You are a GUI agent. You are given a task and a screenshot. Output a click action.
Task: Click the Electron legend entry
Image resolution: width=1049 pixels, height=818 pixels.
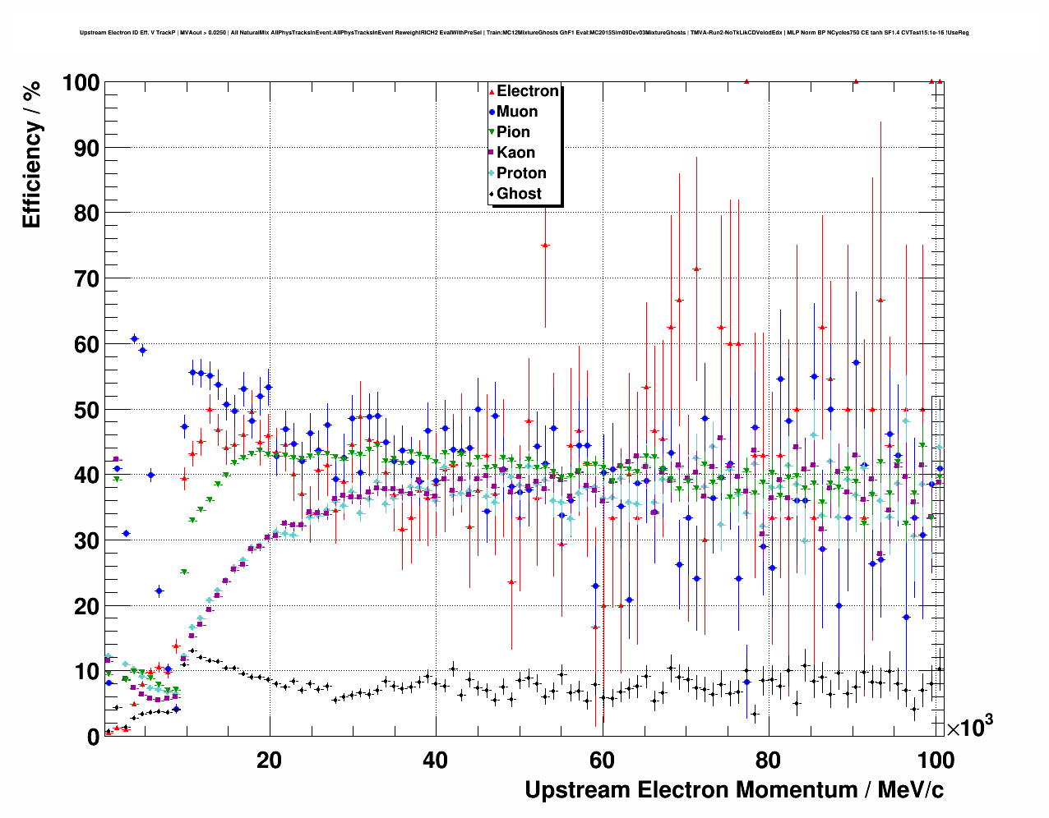[x=527, y=91]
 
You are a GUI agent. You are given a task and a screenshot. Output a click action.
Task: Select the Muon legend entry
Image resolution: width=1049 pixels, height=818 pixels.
[x=516, y=112]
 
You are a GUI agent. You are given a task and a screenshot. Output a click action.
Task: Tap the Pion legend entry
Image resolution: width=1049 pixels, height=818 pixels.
[x=513, y=132]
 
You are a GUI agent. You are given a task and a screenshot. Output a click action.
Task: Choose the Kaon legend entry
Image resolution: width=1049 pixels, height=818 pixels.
[x=515, y=153]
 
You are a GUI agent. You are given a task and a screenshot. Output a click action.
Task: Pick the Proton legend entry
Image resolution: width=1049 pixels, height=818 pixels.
[x=521, y=173]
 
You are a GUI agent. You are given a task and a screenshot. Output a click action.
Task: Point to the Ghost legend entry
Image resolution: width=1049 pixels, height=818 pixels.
[x=519, y=194]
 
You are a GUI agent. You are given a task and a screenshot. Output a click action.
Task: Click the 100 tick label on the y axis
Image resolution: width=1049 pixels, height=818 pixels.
[x=81, y=83]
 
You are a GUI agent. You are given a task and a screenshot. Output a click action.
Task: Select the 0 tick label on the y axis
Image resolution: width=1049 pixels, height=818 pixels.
[x=93, y=738]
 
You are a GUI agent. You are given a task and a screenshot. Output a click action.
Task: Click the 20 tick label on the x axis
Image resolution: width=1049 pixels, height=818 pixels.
[x=269, y=760]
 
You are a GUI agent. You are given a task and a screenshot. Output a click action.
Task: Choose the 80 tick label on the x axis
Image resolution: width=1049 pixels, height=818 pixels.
[x=769, y=760]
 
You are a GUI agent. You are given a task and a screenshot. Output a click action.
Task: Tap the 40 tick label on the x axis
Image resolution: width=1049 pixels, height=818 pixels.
[x=436, y=760]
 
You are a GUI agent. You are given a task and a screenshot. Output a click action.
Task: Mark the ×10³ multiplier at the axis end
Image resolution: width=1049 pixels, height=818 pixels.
[x=970, y=727]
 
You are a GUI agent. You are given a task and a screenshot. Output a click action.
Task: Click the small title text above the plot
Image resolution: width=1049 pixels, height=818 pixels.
[x=524, y=33]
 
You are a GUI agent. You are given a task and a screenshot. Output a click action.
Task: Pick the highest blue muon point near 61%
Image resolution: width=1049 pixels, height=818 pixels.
[x=134, y=338]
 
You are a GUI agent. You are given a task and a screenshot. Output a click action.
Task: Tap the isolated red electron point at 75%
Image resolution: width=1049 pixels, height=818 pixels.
[x=544, y=245]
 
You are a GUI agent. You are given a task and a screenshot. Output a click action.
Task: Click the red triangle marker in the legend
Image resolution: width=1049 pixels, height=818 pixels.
[x=492, y=91]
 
